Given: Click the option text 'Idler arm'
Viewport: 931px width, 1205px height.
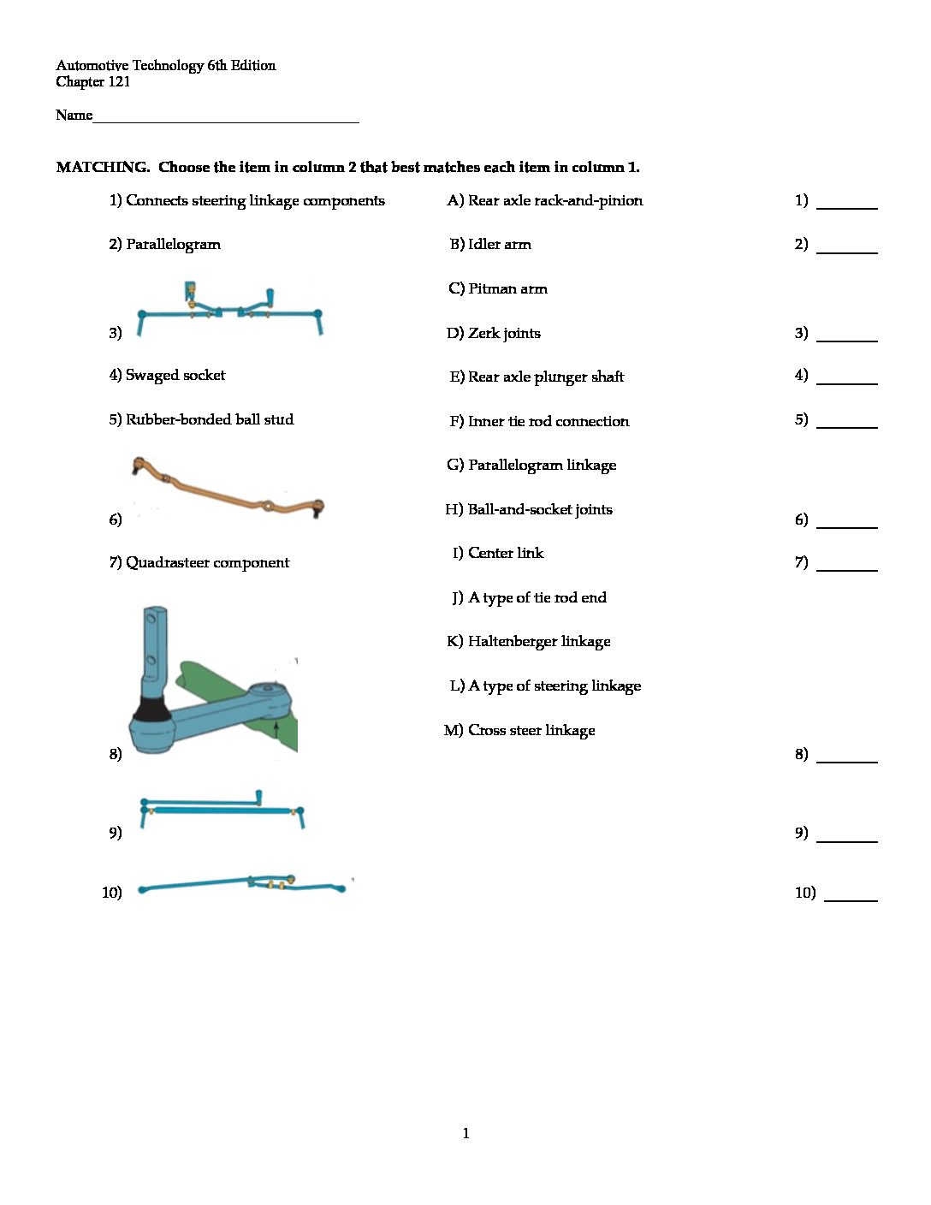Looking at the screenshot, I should point(499,245).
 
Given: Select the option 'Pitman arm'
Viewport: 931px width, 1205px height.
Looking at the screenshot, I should point(507,289).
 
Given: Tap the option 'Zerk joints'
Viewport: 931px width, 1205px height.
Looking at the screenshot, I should point(504,334).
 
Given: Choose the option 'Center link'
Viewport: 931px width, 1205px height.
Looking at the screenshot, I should point(505,554).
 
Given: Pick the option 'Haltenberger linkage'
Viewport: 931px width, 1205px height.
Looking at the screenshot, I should point(539,642).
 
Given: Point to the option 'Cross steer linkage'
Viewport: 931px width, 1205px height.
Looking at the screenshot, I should point(531,731).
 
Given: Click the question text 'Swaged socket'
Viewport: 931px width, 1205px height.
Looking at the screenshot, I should point(175,376).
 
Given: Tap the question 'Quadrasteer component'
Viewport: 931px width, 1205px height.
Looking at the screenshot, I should point(207,563).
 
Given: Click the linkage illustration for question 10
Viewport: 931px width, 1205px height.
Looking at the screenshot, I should point(244,884).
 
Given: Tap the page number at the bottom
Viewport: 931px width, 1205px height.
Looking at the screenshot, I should point(465,1134).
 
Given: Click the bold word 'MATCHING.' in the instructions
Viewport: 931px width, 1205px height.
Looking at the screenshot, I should point(103,168).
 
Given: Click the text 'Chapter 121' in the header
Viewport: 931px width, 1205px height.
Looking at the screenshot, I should point(93,82).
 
